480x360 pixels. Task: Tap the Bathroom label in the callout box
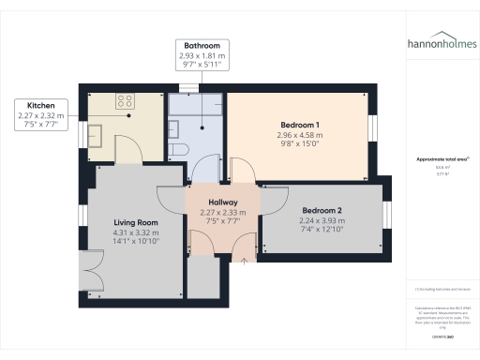pos(203,45)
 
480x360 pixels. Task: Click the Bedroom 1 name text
pos(300,125)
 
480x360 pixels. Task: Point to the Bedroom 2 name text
pos(322,211)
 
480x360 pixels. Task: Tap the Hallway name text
pos(223,202)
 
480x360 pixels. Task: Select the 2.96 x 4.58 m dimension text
pos(300,136)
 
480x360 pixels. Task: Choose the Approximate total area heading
pos(442,159)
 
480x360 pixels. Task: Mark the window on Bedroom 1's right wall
pos(373,127)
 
